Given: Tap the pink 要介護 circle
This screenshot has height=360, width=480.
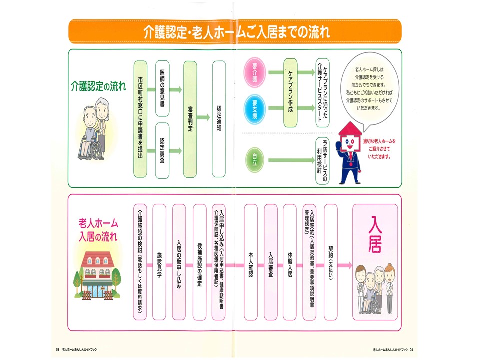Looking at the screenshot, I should tap(255, 72).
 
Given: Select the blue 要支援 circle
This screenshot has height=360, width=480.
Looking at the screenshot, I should tap(255, 106).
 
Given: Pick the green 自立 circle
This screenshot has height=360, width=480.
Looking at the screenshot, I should tap(255, 160).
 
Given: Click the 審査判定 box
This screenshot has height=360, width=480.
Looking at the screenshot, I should tap(190, 119).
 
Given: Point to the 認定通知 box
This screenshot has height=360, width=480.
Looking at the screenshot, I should tap(219, 119).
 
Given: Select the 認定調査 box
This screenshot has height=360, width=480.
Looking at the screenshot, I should tap(162, 150).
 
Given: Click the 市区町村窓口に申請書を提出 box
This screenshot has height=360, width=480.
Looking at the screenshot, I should tap(141, 120).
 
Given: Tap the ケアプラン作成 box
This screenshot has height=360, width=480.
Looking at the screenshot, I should tap(291, 92).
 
